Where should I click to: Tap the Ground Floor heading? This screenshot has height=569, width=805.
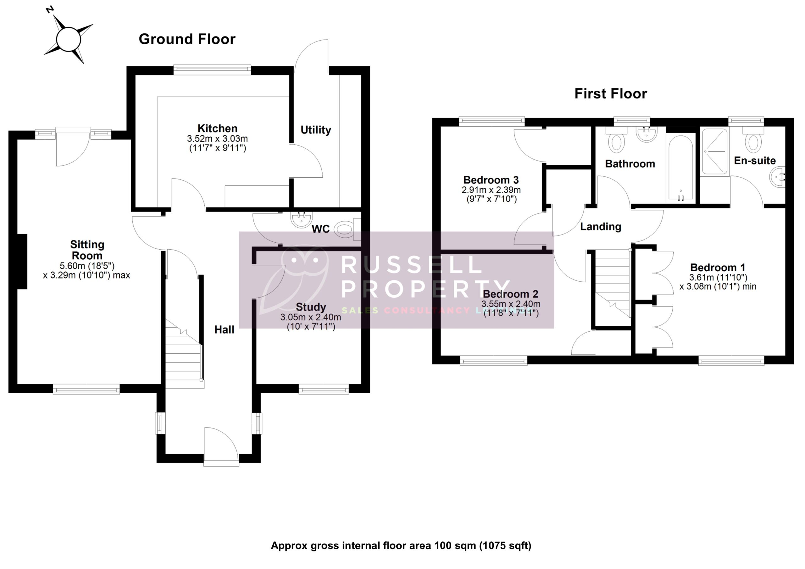coord(187,39)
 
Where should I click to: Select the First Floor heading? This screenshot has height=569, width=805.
coord(610,94)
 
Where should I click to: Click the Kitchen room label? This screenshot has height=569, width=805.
coord(217,128)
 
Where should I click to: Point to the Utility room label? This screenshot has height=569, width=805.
coord(315,130)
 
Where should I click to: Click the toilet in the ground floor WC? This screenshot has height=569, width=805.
coord(344,229)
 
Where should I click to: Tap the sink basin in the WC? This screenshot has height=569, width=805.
coord(301,219)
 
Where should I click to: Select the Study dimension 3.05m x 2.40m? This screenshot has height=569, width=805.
coord(310,318)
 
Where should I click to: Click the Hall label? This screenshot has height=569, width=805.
coord(224,329)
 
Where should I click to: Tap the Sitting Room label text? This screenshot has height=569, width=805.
coord(87,250)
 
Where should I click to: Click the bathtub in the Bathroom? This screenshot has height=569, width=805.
coord(680,168)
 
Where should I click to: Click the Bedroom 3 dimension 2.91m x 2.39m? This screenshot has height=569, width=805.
coord(491,190)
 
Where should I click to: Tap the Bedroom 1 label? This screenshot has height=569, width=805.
coord(717,268)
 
